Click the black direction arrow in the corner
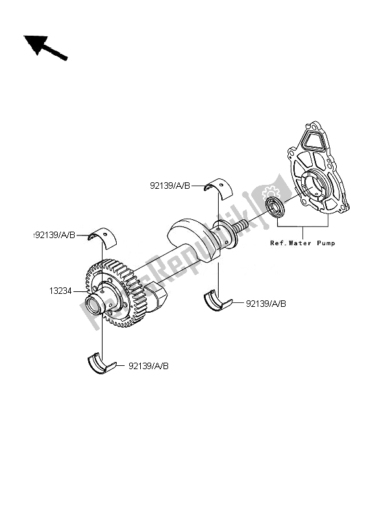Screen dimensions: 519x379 pos(44,48)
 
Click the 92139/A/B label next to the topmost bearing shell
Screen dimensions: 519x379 pos(169,186)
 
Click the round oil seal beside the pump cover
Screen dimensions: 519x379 pos(277,210)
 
